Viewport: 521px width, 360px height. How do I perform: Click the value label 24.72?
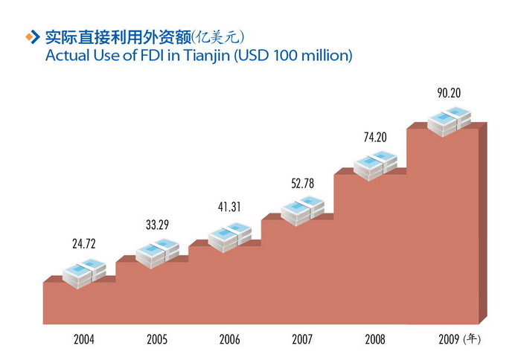84,243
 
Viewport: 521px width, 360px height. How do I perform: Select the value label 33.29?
157,223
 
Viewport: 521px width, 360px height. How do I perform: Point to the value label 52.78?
303,182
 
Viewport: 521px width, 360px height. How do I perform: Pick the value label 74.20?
376,139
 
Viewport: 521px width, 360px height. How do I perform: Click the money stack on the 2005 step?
157,252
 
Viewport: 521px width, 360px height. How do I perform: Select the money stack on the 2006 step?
230,237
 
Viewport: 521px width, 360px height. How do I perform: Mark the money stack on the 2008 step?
376,165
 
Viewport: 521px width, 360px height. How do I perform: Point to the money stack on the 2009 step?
450,121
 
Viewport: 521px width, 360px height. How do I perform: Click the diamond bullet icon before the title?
32,36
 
